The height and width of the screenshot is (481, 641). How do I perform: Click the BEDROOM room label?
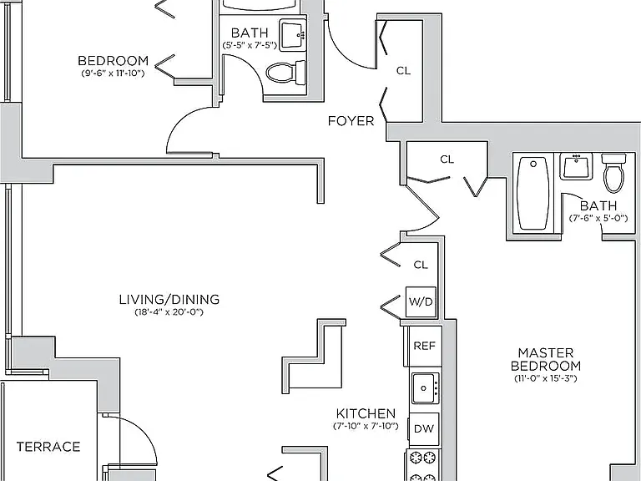(x=114, y=60)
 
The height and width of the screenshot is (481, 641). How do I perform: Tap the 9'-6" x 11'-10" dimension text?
(x=114, y=73)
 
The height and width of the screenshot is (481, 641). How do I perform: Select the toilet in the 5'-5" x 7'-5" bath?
(x=285, y=73)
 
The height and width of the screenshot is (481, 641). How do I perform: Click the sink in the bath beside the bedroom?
(x=293, y=35)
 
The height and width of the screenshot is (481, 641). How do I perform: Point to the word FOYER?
(x=351, y=121)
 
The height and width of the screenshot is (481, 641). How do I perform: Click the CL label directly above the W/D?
(x=421, y=265)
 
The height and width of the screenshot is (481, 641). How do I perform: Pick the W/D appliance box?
(x=421, y=301)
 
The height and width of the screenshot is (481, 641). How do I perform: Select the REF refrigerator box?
(x=425, y=346)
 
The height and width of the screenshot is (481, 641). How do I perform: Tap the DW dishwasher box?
(x=424, y=428)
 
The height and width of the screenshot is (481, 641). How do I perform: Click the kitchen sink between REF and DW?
(x=425, y=388)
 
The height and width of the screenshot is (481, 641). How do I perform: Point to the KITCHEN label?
(x=366, y=413)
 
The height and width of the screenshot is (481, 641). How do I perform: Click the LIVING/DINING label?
(x=169, y=300)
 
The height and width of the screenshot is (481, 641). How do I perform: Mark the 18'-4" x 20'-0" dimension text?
(x=169, y=312)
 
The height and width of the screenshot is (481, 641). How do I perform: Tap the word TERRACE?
(x=48, y=446)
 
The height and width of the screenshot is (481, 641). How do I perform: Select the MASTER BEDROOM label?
(x=546, y=359)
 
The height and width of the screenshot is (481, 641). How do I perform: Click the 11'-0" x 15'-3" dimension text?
(x=546, y=378)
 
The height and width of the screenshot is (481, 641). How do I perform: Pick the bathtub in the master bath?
(x=533, y=194)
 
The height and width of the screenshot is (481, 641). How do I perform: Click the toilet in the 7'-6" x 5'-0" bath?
(x=614, y=173)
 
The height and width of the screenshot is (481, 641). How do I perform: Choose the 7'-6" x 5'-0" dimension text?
(x=598, y=219)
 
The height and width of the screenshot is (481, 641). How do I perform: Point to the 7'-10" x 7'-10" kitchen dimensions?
(x=366, y=426)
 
